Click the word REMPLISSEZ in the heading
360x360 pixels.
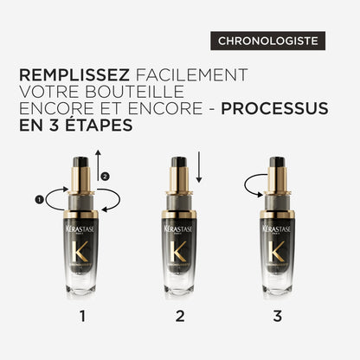(x=74, y=75)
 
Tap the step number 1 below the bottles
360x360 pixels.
(x=82, y=317)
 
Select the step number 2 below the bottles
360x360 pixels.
(x=180, y=317)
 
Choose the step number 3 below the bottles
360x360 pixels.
(x=278, y=317)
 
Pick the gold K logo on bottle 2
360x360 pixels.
(x=180, y=257)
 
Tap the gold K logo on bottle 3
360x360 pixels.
(x=278, y=257)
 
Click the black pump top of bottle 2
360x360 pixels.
(x=180, y=162)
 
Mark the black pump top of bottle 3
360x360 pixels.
(x=278, y=162)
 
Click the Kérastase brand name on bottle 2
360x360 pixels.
(x=180, y=230)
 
